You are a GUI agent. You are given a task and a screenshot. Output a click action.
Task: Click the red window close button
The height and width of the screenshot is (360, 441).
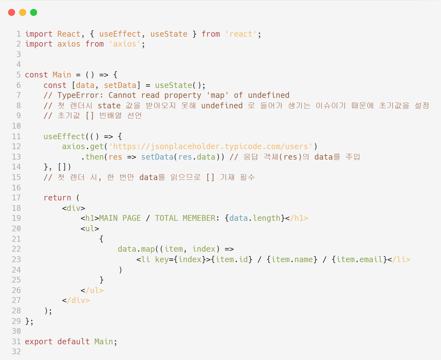[12, 12]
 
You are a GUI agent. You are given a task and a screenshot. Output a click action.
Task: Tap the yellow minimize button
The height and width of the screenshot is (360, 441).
[23, 12]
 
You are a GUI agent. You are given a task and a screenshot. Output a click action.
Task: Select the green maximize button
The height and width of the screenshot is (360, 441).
[34, 12]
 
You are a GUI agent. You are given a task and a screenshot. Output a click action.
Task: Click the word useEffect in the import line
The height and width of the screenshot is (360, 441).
[120, 34]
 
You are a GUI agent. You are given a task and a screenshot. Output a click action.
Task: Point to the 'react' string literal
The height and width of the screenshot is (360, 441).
[241, 34]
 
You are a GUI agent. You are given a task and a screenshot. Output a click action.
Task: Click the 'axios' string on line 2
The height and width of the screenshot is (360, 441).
[125, 44]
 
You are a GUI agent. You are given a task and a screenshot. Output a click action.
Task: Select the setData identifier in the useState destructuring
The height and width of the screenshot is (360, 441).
[120, 85]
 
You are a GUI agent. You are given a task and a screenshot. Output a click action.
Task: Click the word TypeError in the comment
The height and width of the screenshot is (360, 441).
[78, 95]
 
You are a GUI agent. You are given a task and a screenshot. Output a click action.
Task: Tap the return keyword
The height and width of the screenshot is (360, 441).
[57, 198]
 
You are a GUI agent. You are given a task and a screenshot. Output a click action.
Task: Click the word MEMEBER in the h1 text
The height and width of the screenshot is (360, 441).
[199, 218]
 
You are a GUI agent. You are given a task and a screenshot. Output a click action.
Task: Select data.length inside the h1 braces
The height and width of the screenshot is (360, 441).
[255, 218]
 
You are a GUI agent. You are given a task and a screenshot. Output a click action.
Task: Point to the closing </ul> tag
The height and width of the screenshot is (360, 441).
[92, 291]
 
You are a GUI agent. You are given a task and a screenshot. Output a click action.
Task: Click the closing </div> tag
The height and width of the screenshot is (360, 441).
[76, 300]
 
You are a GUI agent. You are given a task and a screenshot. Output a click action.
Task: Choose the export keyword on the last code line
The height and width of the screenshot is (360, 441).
[39, 342]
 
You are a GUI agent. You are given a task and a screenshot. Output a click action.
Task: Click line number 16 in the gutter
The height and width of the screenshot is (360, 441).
[16, 188]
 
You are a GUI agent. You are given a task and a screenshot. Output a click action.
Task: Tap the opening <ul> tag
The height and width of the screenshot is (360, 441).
[90, 229]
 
